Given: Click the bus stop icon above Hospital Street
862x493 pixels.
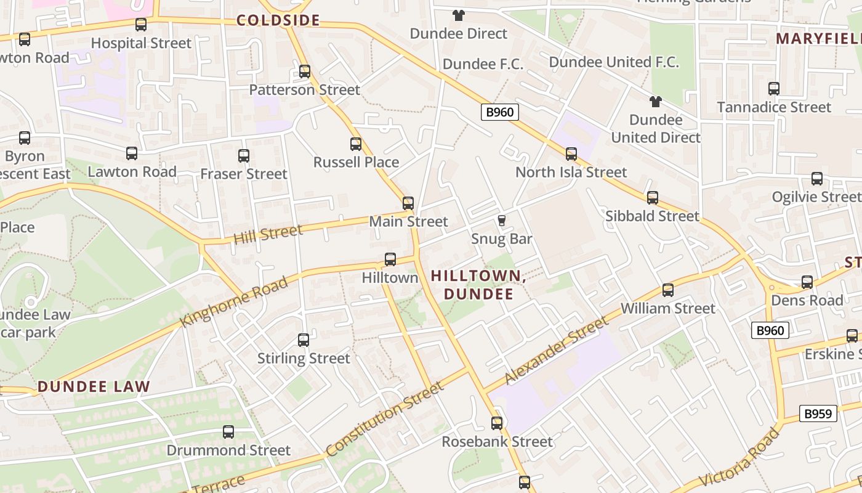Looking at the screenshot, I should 141,25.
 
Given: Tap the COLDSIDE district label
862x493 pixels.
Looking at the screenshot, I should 278,20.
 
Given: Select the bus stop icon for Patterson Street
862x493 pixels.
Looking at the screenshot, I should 305,71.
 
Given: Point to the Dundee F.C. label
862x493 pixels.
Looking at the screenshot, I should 483,64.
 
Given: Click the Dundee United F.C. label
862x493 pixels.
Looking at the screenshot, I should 613,62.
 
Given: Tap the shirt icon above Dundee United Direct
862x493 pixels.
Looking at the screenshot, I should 656,101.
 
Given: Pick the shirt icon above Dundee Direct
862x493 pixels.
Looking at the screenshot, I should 459,15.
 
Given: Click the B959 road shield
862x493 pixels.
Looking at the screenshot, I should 818,414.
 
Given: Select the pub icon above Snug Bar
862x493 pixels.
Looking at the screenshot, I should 502,220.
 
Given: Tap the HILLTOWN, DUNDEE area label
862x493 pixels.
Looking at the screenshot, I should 478,285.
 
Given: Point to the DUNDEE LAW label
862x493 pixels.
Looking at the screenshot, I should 94,387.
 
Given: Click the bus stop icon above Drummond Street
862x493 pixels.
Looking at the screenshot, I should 228,432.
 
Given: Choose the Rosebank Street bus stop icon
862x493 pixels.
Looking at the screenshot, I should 497,423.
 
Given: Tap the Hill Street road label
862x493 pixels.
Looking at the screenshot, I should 268,234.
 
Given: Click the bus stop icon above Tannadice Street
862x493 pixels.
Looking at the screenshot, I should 774,89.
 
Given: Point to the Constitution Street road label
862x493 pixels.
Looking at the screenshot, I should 385,419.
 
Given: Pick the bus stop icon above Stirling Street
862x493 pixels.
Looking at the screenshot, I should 304,340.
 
